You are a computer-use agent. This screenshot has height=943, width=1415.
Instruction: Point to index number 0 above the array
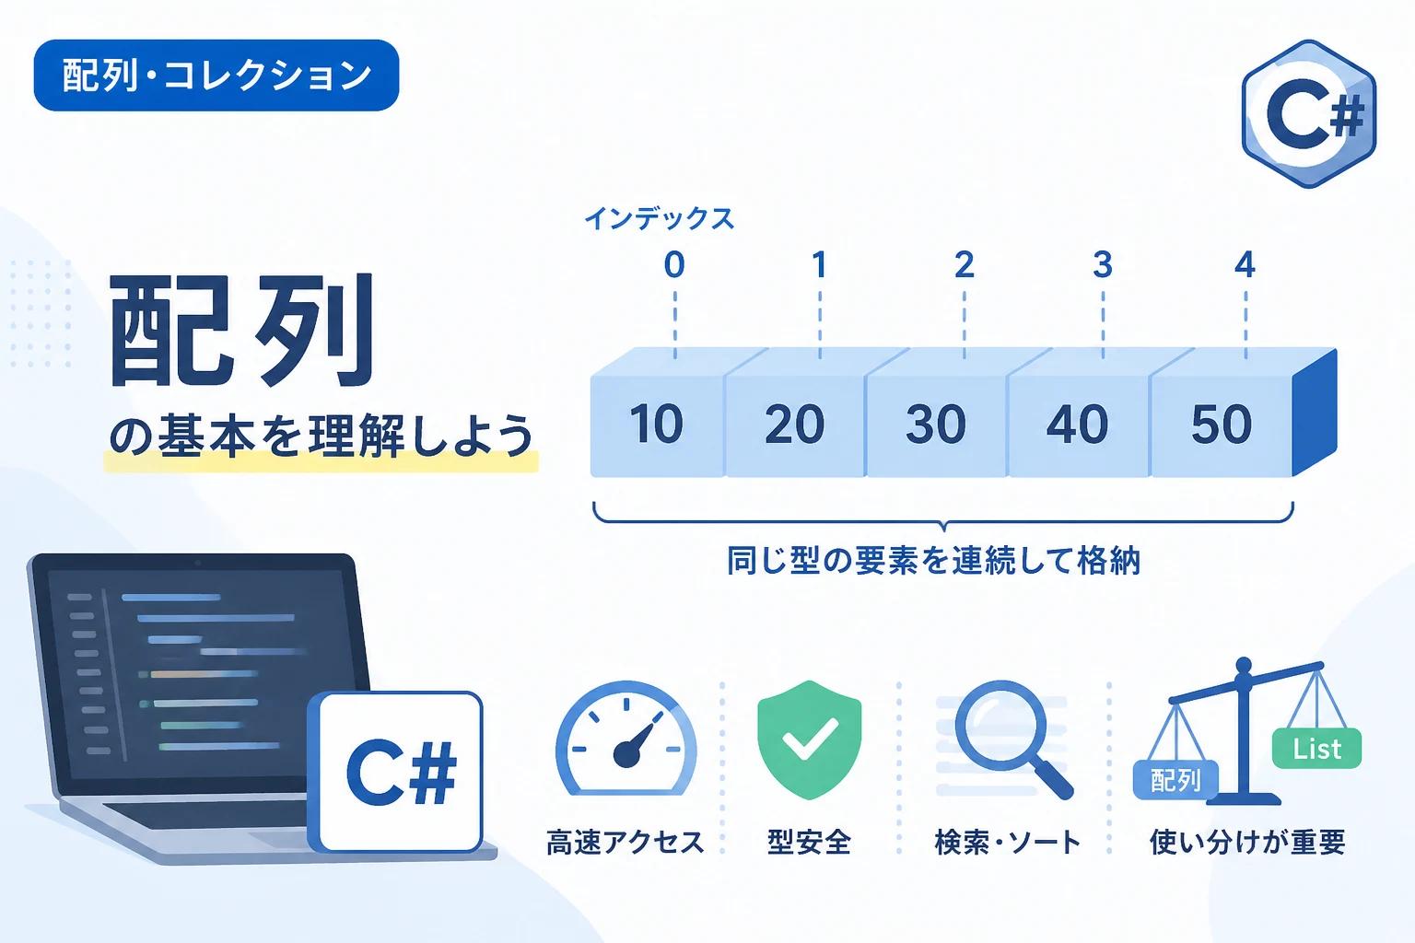point(674,264)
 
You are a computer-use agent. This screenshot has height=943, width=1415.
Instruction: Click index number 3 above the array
point(1103,264)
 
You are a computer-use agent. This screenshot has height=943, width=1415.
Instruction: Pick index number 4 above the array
point(1245,264)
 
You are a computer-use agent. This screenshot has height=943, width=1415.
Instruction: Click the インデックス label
point(659,218)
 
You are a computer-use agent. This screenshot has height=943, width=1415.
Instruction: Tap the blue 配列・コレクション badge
point(216,76)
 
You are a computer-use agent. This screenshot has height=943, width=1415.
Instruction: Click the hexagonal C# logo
point(1309,113)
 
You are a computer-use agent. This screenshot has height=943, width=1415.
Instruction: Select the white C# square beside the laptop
point(396,772)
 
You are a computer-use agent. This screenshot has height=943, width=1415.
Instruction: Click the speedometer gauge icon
point(626,738)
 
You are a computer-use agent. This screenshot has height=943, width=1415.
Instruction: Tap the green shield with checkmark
point(809,739)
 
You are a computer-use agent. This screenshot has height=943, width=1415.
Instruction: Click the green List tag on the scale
point(1316,749)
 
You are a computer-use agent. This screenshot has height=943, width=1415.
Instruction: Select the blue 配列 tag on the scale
point(1175,780)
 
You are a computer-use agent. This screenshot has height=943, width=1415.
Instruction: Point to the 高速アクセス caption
point(625,843)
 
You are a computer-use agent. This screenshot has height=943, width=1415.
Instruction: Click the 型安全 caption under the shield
point(809,843)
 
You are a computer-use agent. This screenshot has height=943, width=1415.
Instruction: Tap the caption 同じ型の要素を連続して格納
point(933,561)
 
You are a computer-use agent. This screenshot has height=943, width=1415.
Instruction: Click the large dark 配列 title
point(243,330)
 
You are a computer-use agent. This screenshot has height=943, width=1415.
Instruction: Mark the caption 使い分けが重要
point(1247,843)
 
